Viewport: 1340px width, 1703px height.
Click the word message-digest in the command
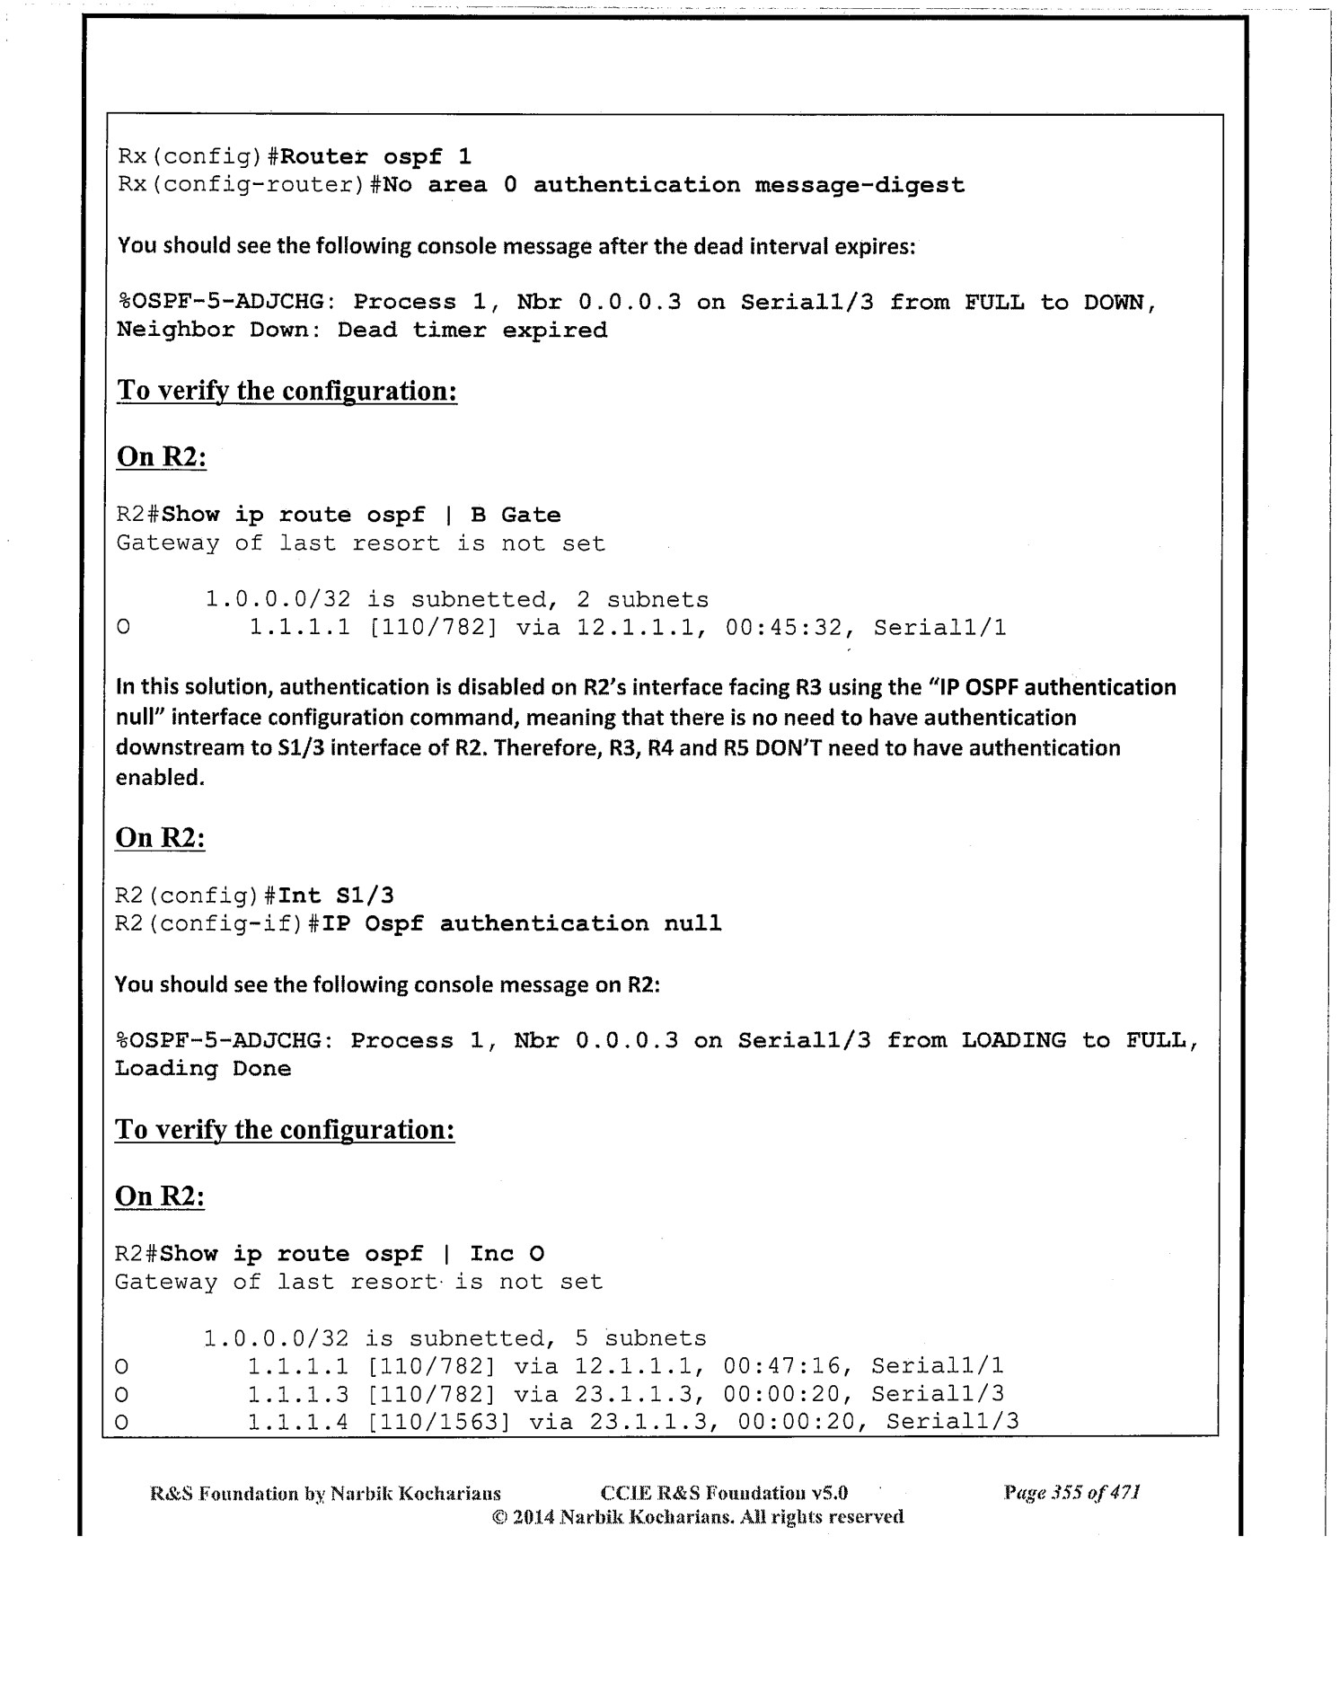pos(860,186)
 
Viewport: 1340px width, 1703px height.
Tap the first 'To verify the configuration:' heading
pos(287,392)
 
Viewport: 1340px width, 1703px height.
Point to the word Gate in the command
pos(531,516)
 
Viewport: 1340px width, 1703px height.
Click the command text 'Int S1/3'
pos(336,896)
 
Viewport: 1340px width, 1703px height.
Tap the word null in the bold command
pos(692,924)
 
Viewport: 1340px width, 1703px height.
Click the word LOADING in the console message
pos(1013,1041)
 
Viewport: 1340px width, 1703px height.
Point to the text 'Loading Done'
pos(203,1069)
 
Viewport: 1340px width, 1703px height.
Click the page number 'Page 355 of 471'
pos(1071,1494)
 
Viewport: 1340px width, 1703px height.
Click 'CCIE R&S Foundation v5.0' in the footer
pos(723,1494)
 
